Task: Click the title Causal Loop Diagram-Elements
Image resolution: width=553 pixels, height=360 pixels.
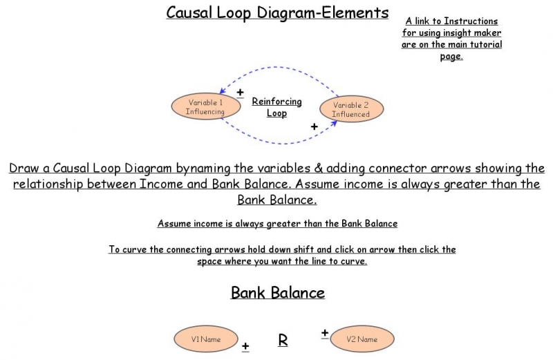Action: tap(277, 12)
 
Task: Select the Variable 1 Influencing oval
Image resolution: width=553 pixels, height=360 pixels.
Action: tap(205, 106)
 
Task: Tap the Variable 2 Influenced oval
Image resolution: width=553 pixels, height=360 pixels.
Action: tap(350, 109)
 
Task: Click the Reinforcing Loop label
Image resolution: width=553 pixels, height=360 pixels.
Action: tap(276, 107)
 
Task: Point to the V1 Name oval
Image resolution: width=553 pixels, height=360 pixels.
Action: tap(206, 339)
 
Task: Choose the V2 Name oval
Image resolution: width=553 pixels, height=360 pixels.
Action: tap(362, 339)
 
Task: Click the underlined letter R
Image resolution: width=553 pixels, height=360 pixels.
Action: tap(283, 339)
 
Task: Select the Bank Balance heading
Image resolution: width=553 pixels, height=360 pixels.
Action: tap(277, 292)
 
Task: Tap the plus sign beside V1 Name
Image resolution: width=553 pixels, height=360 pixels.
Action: tap(245, 345)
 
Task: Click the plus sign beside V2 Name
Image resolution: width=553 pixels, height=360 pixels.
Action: tap(324, 333)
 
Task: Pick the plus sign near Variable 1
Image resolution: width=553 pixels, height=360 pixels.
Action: tap(240, 92)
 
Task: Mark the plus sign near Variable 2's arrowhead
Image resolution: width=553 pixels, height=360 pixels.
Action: tap(314, 126)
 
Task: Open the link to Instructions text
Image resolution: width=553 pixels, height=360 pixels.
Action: tap(451, 21)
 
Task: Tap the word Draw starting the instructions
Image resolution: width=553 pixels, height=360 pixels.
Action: tap(25, 168)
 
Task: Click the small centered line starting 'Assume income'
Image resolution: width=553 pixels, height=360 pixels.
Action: tap(277, 223)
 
